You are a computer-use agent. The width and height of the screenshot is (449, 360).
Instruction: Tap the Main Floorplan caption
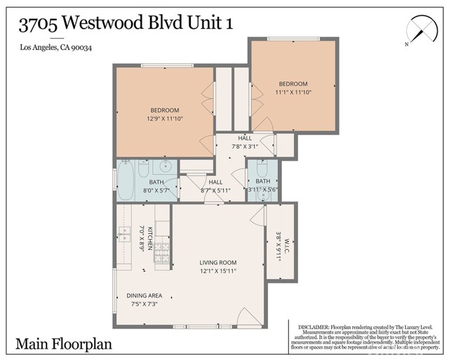63,344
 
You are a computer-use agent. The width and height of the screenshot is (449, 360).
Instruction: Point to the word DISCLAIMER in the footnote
313,327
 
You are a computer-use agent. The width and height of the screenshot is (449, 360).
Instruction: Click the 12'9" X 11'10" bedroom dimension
165,119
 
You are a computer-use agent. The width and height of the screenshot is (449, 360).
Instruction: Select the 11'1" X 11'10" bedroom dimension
293,92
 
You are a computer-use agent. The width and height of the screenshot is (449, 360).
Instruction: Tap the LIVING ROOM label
218,262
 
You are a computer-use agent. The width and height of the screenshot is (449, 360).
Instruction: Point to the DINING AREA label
145,295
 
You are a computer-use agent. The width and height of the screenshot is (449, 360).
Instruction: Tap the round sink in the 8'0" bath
164,167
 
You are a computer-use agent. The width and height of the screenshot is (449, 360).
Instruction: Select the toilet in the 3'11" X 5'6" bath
261,170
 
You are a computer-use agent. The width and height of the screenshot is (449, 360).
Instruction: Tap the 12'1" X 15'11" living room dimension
218,271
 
